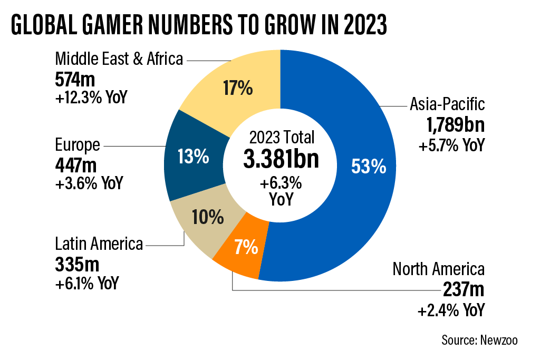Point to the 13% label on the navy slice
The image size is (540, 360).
(194, 157)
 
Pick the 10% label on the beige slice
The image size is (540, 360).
(208, 216)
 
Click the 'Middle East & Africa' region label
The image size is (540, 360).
(119, 59)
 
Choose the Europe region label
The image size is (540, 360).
(77, 144)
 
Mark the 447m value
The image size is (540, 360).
(75, 164)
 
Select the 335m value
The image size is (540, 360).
(75, 264)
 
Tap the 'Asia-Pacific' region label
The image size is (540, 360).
(447, 104)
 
